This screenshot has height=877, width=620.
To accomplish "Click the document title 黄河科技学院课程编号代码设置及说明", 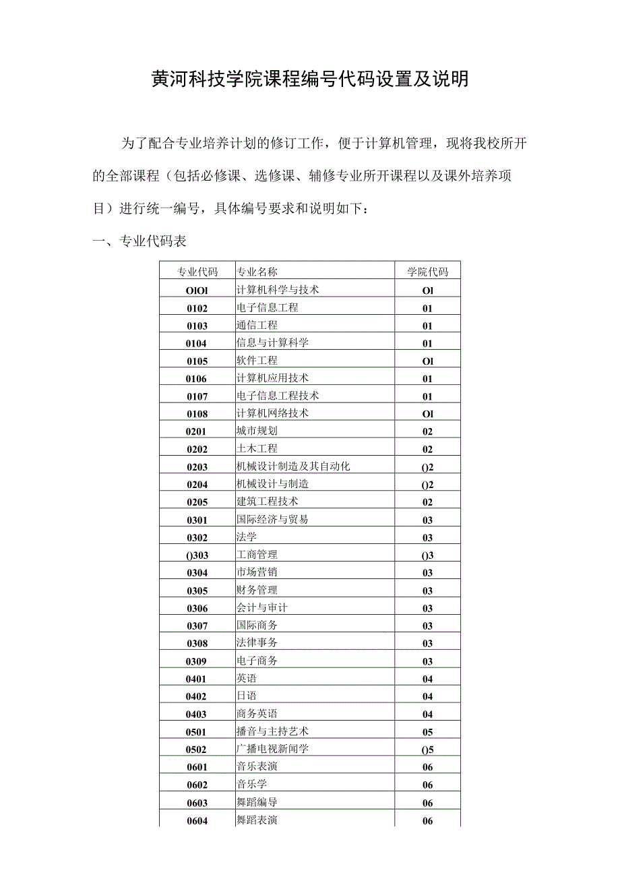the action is [309, 80].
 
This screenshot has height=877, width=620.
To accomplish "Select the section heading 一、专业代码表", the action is [139, 241].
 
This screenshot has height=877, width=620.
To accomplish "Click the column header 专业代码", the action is [197, 272].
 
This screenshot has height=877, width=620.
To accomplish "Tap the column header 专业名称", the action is [257, 272].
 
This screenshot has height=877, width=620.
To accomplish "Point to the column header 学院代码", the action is [427, 272].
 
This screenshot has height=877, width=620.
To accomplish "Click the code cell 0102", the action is [197, 308].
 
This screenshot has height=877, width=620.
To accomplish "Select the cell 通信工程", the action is [257, 325].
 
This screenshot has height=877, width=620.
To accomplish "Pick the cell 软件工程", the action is [257, 361].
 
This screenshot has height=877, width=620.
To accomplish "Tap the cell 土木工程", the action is [257, 448].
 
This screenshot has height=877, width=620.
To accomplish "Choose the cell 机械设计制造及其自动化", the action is [293, 466].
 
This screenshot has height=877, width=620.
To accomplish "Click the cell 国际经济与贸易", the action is [272, 519].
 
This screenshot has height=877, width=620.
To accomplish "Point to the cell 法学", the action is [246, 537].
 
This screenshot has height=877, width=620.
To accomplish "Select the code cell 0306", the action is [197, 608].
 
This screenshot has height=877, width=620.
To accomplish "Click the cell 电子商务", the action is [257, 661].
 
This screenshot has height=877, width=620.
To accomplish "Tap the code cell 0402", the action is [197, 696].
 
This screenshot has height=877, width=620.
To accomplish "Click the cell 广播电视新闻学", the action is [272, 748].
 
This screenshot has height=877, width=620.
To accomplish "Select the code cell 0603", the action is [197, 803].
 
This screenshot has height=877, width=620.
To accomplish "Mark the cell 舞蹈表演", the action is [257, 820].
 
